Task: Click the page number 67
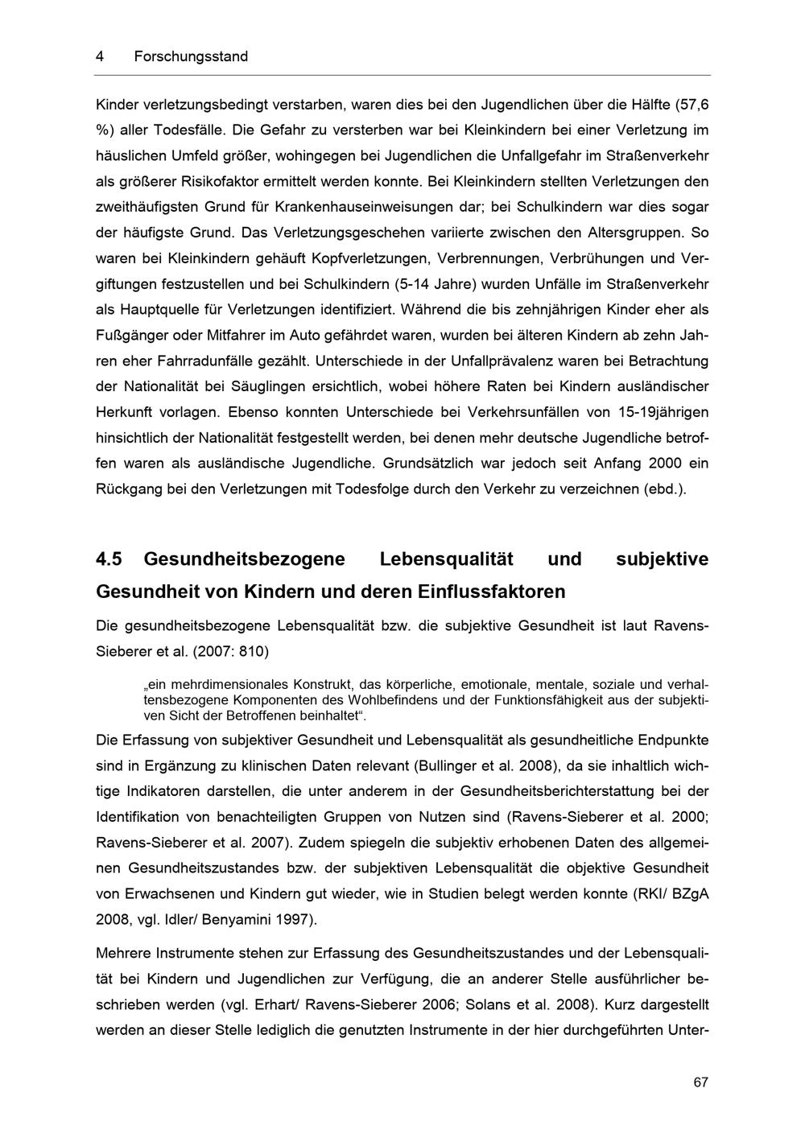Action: click(x=700, y=1082)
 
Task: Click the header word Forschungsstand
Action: click(x=191, y=56)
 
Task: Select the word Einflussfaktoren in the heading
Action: click(x=492, y=592)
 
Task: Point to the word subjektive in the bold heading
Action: click(x=662, y=559)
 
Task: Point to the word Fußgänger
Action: click(x=133, y=336)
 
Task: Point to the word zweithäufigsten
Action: click(x=147, y=207)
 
